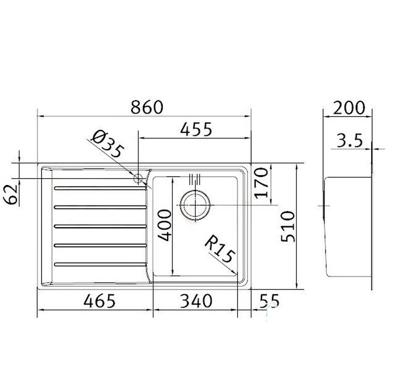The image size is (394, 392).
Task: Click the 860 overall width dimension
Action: tap(147, 107)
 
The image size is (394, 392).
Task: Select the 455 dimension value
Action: tap(196, 130)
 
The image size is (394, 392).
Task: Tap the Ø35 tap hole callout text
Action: tap(108, 144)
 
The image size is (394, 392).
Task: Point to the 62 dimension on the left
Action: tap(11, 195)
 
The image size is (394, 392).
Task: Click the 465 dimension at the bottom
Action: tap(100, 301)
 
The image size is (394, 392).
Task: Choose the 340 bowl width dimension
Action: tap(196, 301)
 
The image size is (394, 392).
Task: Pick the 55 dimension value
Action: tap(269, 301)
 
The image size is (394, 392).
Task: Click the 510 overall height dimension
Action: tap(288, 226)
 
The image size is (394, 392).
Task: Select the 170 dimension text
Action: tap(262, 183)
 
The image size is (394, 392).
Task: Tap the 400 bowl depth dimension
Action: tap(165, 225)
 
